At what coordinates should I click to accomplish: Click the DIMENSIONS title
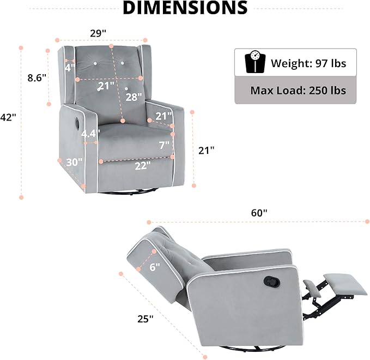click(x=185, y=8)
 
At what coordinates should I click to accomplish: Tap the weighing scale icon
click(x=255, y=62)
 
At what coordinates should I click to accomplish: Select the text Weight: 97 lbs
click(x=308, y=63)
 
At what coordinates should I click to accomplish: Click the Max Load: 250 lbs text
click(x=298, y=91)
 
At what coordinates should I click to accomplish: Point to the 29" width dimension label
click(x=98, y=33)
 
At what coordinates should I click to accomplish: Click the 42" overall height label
click(x=8, y=117)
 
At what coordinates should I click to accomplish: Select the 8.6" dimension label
click(x=37, y=77)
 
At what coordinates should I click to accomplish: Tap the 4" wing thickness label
click(x=70, y=68)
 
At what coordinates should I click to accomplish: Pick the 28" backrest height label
click(x=134, y=97)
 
